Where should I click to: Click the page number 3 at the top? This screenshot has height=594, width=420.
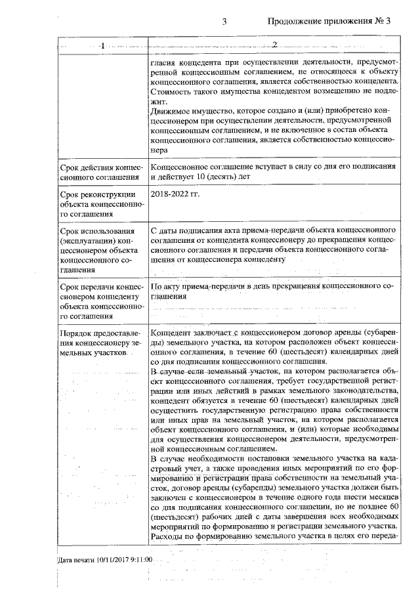pyautogui.click(x=224, y=21)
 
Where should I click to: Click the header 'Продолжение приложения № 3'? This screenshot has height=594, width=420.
pyautogui.click(x=329, y=21)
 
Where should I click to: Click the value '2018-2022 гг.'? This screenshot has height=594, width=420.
pyautogui.click(x=176, y=195)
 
